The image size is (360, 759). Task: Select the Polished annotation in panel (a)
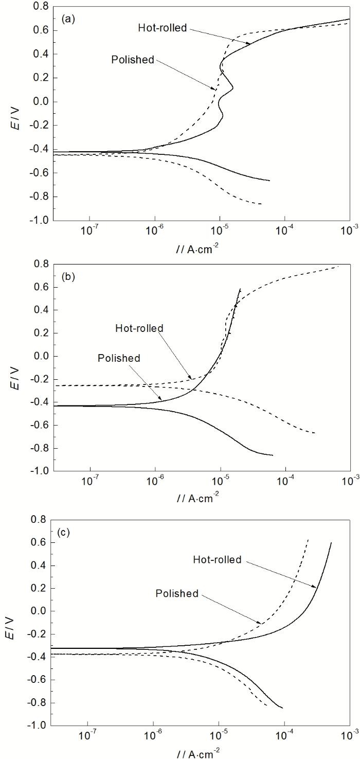133,60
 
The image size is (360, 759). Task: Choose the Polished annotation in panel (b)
119,357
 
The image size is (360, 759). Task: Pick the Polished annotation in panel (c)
176,594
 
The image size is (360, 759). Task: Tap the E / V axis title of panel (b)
19,367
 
